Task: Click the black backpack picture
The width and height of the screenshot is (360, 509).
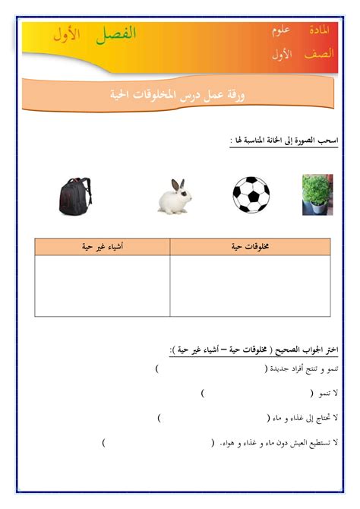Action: click(x=74, y=194)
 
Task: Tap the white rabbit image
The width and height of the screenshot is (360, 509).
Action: click(x=174, y=196)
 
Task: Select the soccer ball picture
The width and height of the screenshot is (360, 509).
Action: click(x=251, y=194)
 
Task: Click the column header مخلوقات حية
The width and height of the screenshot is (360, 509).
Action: click(x=250, y=247)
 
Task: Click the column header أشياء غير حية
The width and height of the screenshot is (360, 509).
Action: click(x=103, y=247)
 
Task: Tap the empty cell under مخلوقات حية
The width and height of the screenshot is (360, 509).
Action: click(x=250, y=286)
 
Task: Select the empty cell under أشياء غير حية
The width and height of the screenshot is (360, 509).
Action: click(x=103, y=286)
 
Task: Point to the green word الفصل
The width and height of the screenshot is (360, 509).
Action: click(x=113, y=34)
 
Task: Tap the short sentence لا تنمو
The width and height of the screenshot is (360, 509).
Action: click(x=328, y=394)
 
